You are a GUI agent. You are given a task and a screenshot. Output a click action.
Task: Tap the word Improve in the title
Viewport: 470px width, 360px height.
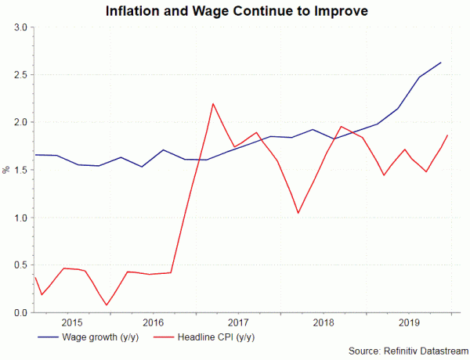coord(338,11)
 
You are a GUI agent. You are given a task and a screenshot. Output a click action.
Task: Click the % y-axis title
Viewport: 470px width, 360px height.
coord(6,170)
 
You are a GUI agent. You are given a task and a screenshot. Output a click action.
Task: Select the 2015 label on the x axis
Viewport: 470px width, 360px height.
coord(71,322)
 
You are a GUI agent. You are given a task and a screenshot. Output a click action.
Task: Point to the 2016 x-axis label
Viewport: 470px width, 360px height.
coord(154,322)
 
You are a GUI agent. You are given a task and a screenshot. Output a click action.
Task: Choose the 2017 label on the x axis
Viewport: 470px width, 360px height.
coord(238,322)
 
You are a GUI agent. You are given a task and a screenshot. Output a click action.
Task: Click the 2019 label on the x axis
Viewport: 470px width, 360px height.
coord(407,322)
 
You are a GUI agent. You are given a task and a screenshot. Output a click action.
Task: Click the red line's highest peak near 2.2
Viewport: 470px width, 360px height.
coord(213,103)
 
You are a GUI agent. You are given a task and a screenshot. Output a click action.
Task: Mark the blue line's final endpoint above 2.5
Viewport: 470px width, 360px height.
coord(441,62)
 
